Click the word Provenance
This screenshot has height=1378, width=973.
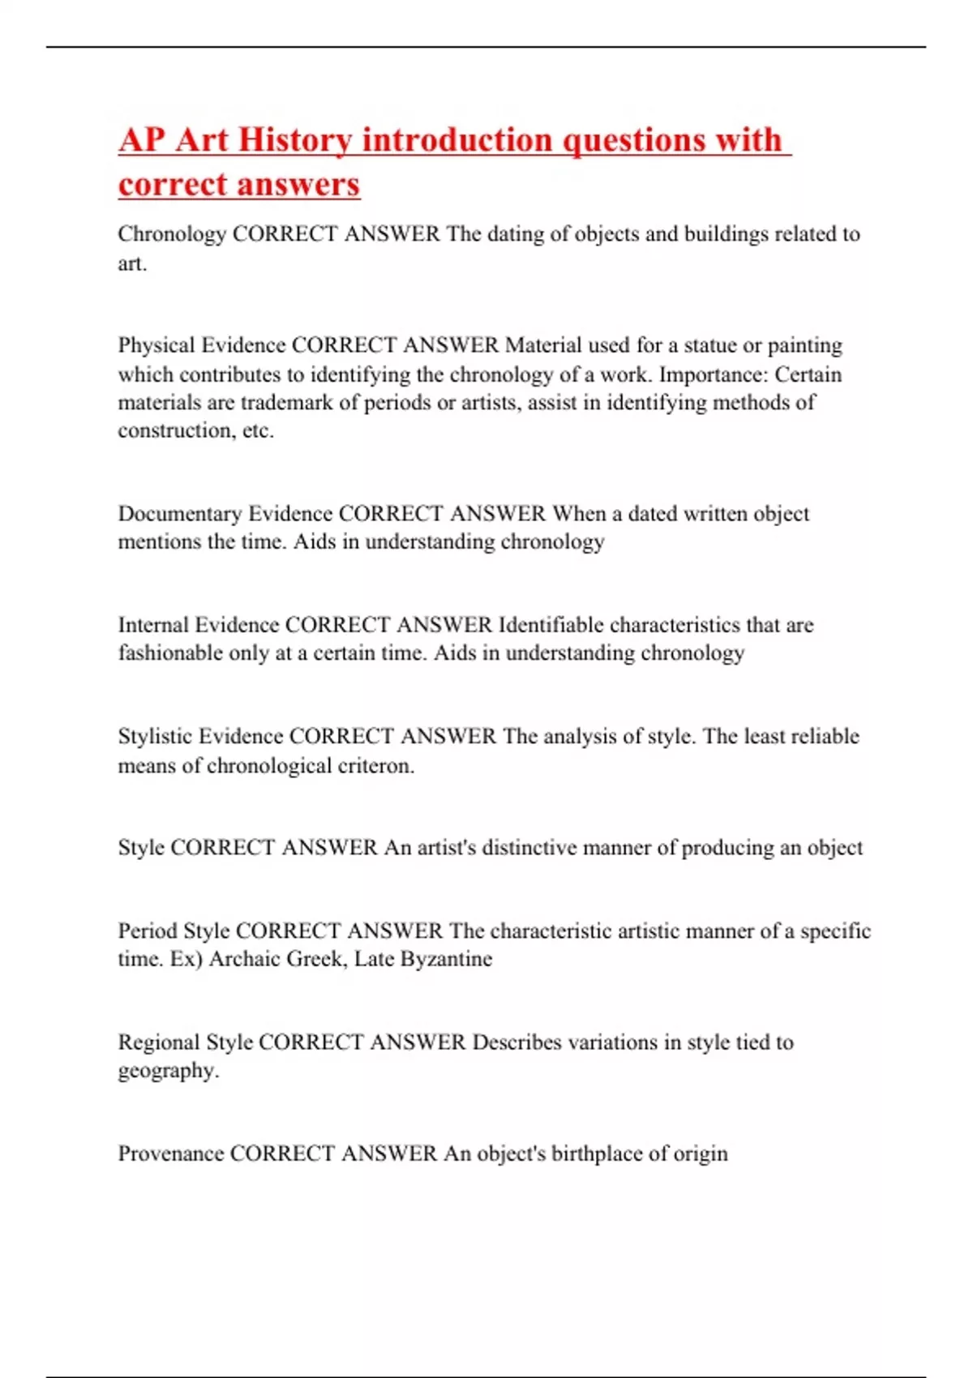tap(170, 1153)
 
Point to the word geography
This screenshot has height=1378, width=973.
tap(168, 1071)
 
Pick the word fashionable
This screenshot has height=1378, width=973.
tap(170, 653)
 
